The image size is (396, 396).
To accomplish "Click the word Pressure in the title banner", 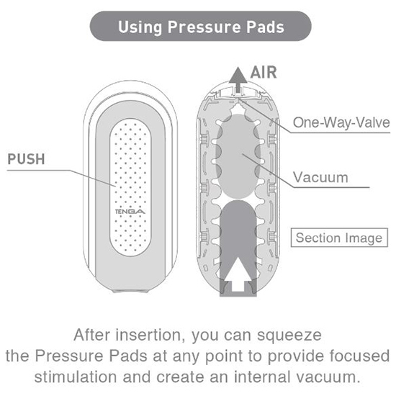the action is coord(204,27).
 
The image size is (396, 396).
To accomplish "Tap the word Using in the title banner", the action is coord(140,27).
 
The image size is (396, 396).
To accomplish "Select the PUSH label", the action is coord(26,159).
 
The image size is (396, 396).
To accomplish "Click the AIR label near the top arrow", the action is coord(264,73).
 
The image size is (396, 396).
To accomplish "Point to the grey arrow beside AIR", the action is coord(238,79).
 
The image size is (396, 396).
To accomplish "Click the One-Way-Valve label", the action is coord(341,122).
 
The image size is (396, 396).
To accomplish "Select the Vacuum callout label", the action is coord(320,177).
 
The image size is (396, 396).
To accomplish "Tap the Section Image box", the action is coord(339,238).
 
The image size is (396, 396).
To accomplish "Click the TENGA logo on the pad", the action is coord(130,212).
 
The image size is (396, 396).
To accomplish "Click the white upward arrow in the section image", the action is coord(238,274).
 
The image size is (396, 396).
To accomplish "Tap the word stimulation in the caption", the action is coord(76,377).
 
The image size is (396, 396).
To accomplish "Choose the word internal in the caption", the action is coord(262,377).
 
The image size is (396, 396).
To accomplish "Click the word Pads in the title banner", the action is coord(266,27).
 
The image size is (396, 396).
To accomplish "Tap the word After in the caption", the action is coord(92,335).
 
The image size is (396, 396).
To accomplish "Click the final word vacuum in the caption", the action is coord(328,378).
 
